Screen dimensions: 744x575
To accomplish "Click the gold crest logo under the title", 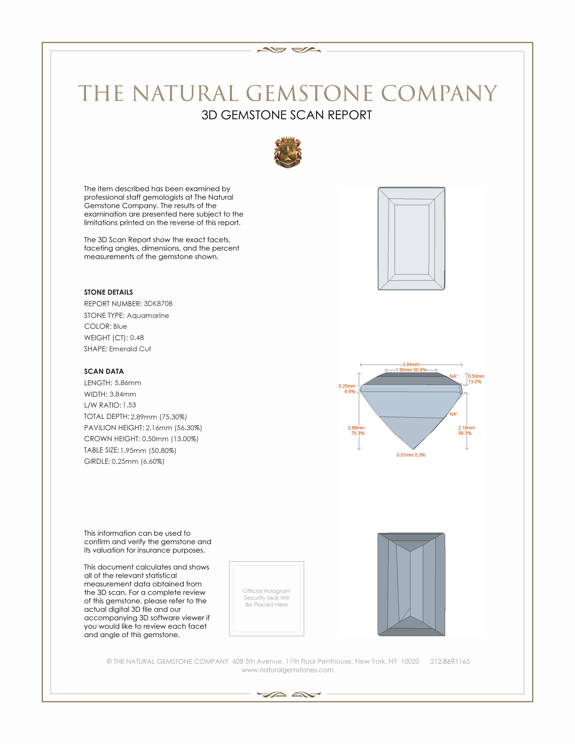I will tap(288, 153).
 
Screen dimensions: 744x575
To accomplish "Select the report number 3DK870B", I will tap(158, 304).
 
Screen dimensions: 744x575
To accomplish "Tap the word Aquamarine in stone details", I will tap(148, 316).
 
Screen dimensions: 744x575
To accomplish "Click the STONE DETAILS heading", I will tap(108, 292).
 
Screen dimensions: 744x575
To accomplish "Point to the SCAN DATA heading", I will tap(104, 371).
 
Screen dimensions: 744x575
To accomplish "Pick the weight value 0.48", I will tap(137, 338).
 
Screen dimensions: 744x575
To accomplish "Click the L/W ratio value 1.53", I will tap(130, 405).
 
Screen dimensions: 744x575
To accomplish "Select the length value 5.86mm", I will tap(128, 382).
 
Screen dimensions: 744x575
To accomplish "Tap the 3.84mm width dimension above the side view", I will tap(411, 365).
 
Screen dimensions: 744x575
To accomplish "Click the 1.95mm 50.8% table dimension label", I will tap(411, 370).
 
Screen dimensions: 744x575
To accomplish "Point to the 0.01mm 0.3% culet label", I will tap(411, 455).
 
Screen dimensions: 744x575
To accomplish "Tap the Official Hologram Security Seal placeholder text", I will tap(267, 598).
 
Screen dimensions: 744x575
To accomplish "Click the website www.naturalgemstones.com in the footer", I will tap(287, 670).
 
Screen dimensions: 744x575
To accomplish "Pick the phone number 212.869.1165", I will tap(450, 661).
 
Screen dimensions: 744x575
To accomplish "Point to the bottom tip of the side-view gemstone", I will tap(413, 449).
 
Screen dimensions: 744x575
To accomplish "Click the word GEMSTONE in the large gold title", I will tap(309, 93).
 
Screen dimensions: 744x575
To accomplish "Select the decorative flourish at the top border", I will tap(289, 51).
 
